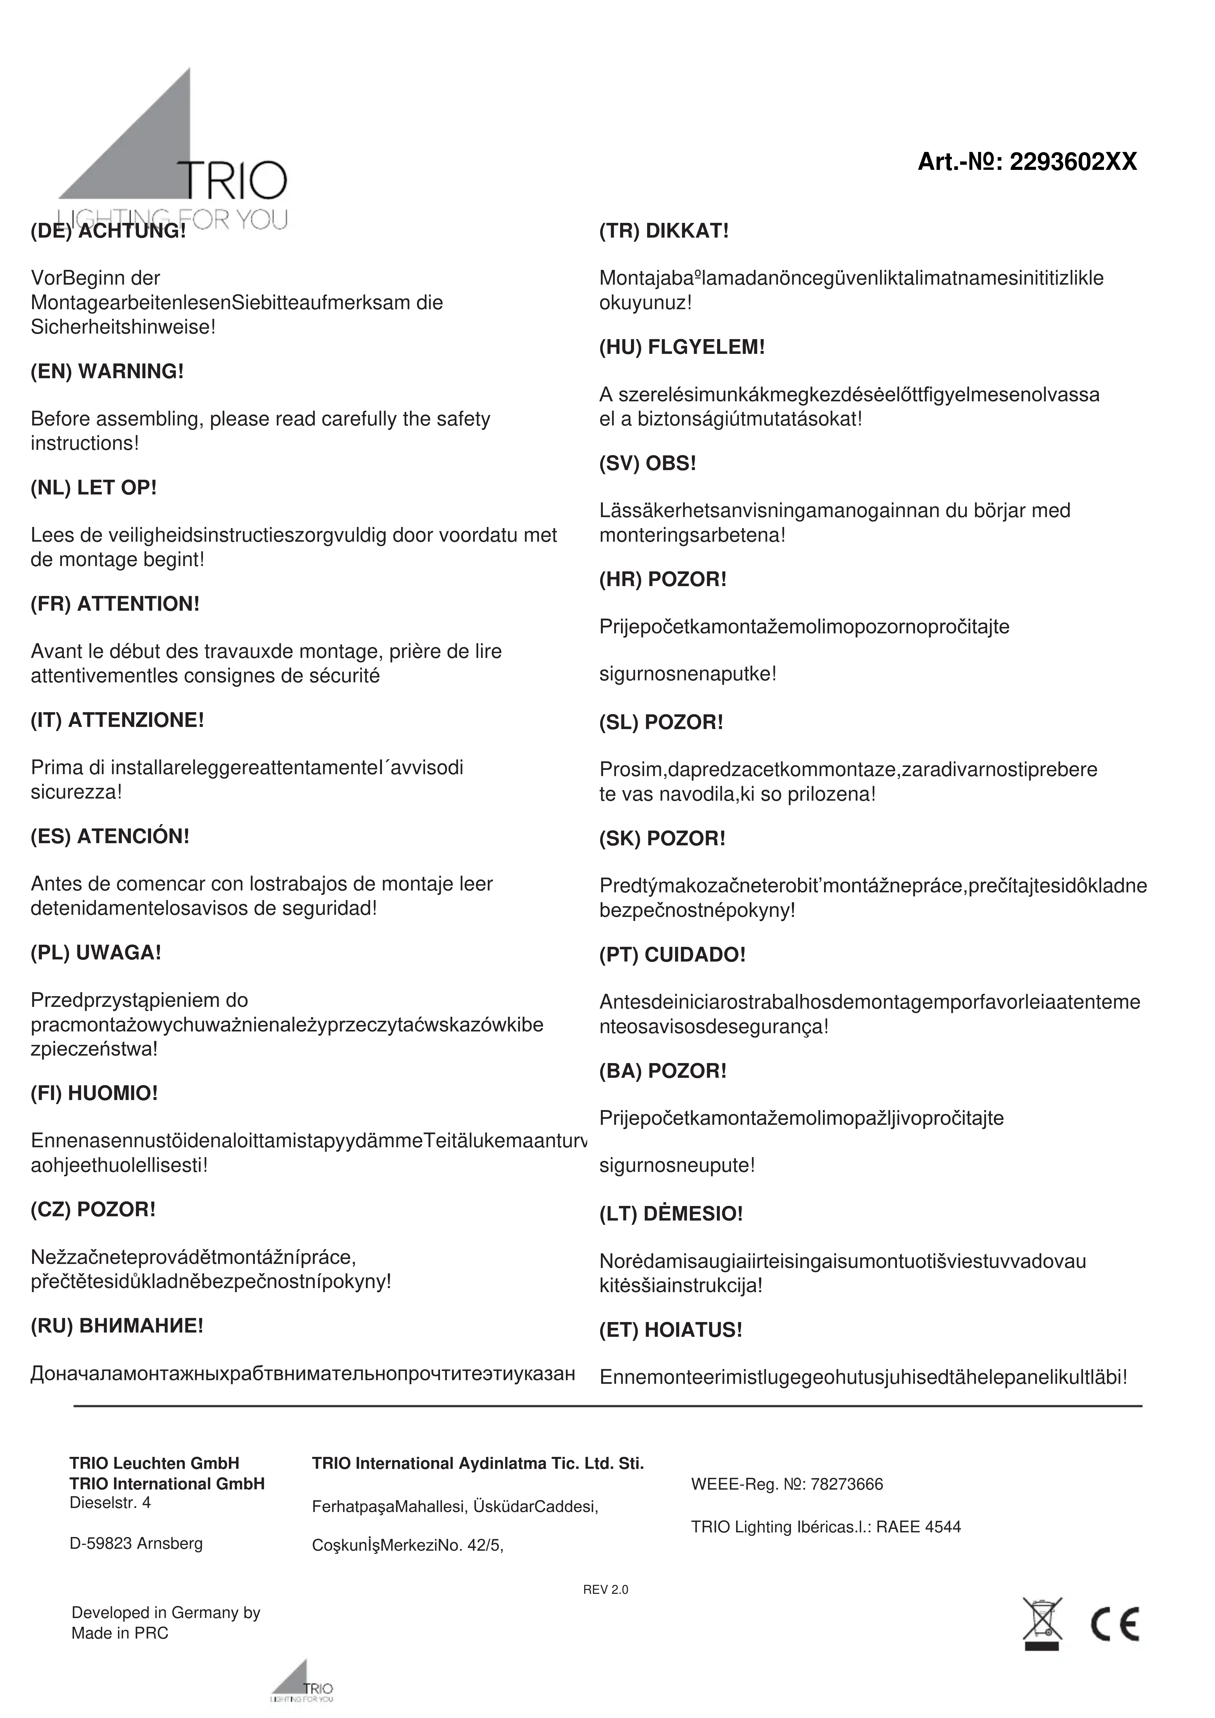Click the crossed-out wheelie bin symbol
click(1041, 1624)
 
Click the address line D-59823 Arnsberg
click(136, 1543)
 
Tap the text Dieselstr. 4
click(110, 1502)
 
